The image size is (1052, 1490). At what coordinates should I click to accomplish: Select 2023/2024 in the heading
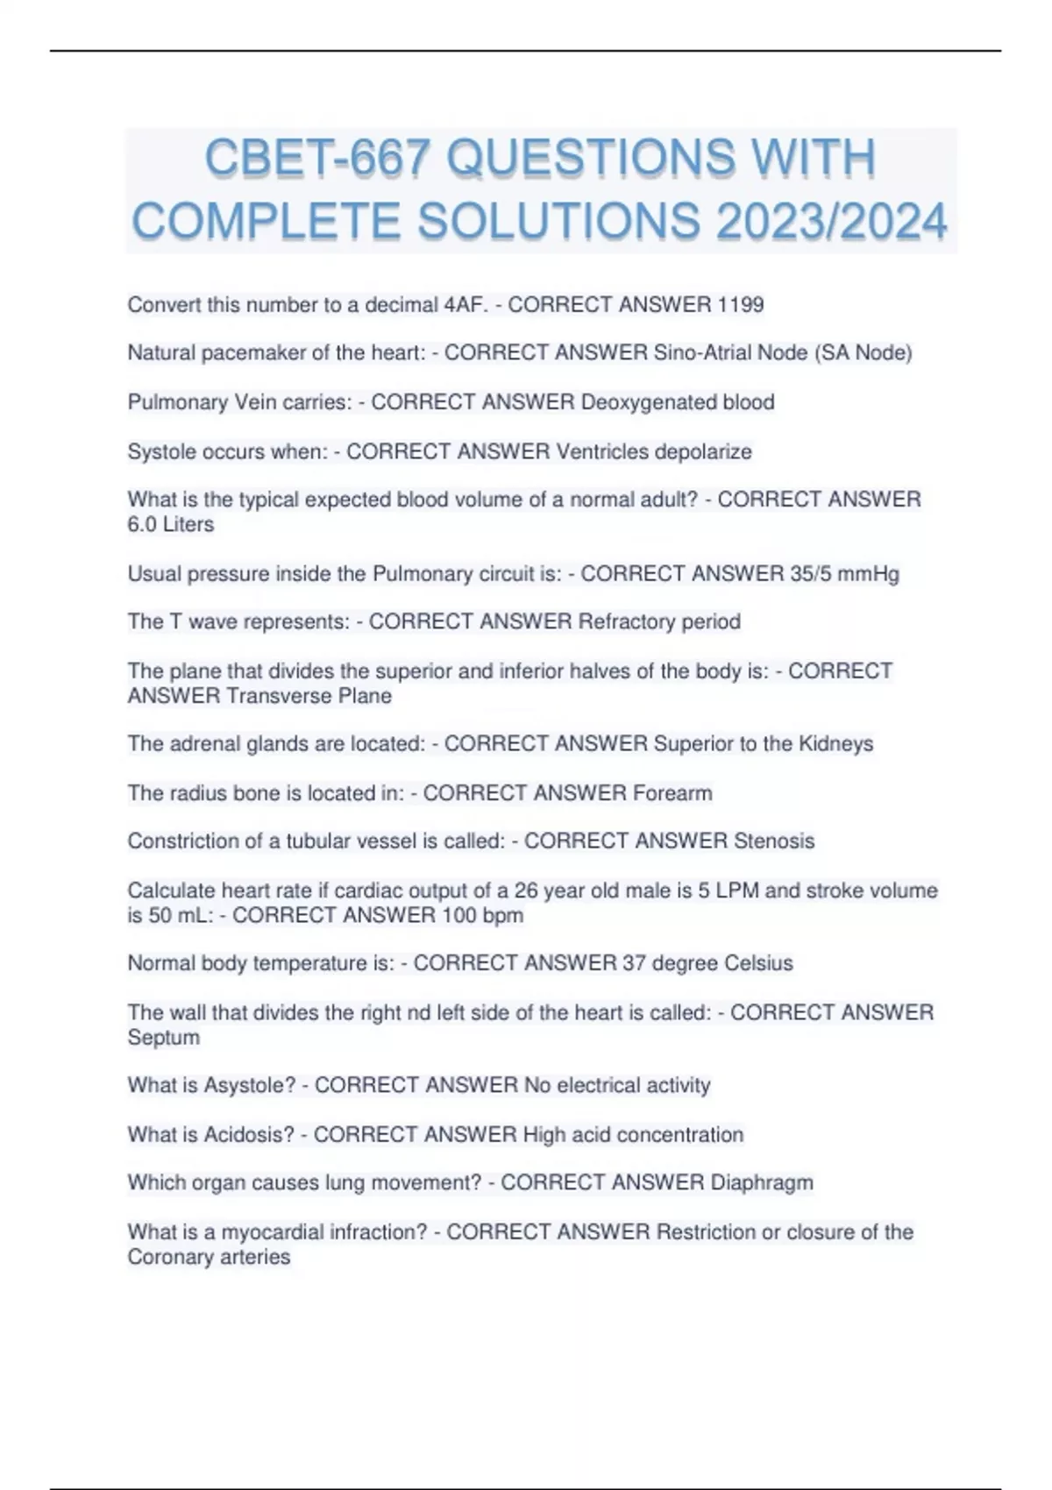point(831,221)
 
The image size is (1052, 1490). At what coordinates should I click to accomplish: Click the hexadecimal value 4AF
point(465,304)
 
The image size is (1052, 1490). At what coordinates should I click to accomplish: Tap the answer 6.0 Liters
point(171,524)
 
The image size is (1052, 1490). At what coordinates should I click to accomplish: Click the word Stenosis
point(774,841)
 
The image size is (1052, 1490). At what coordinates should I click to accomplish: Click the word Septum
point(164,1038)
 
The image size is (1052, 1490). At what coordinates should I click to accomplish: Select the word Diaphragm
point(762,1182)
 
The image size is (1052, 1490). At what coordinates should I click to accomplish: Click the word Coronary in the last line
point(171,1257)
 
